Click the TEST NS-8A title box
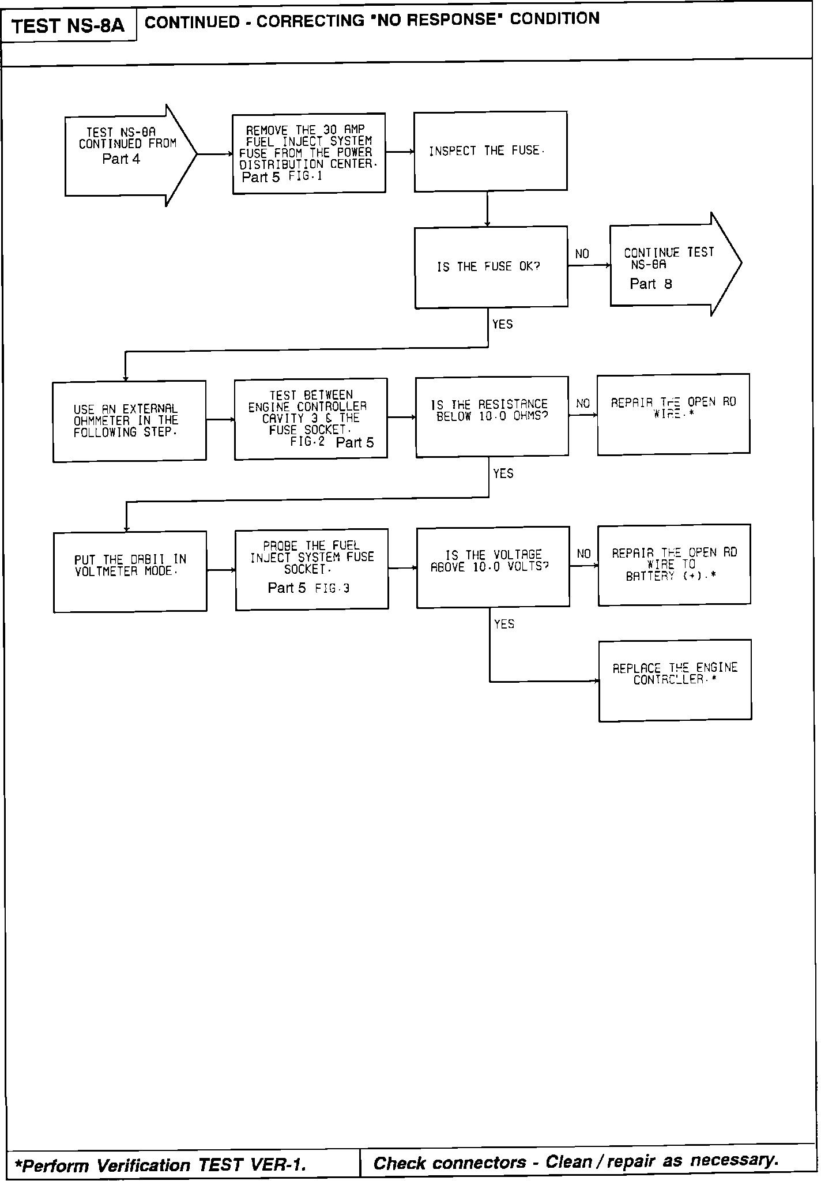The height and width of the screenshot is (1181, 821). point(69,26)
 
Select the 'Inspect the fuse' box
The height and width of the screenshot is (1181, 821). point(490,152)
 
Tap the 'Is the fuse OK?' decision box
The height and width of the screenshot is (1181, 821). point(491,267)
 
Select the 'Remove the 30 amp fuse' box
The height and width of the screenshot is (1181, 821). point(309,153)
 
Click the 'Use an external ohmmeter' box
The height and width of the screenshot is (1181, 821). point(129,421)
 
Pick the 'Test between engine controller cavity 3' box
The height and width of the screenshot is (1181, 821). point(311,419)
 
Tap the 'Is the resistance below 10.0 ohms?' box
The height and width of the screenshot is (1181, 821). point(492,417)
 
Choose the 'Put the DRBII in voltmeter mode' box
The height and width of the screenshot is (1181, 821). point(130,571)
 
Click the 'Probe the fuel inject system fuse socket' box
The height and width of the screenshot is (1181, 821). point(312,569)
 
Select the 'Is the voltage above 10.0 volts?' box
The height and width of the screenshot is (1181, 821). point(493,567)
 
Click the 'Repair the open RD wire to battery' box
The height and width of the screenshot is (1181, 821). point(674,565)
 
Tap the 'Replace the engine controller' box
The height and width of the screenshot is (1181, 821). point(675,680)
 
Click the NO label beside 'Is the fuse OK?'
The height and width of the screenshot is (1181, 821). point(582,254)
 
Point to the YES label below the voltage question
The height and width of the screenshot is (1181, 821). point(504,624)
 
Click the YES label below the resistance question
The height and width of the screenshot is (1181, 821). point(503,474)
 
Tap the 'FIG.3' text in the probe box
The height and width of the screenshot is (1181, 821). point(332,589)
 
